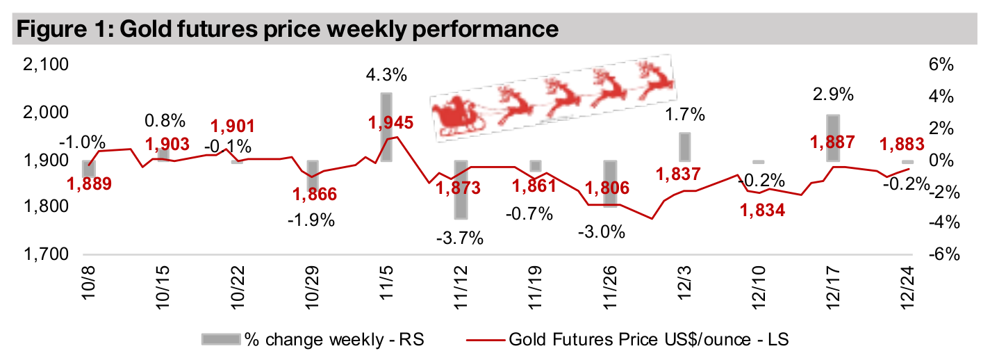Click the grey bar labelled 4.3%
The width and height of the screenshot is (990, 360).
click(387, 126)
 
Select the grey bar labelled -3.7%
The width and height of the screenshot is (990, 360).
click(461, 190)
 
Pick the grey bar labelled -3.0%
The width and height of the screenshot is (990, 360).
click(610, 183)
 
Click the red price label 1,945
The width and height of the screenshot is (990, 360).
click(390, 123)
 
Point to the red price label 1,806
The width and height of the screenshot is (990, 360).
click(607, 188)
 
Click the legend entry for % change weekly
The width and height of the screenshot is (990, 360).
click(313, 339)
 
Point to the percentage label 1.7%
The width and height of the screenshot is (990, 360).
click(685, 114)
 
